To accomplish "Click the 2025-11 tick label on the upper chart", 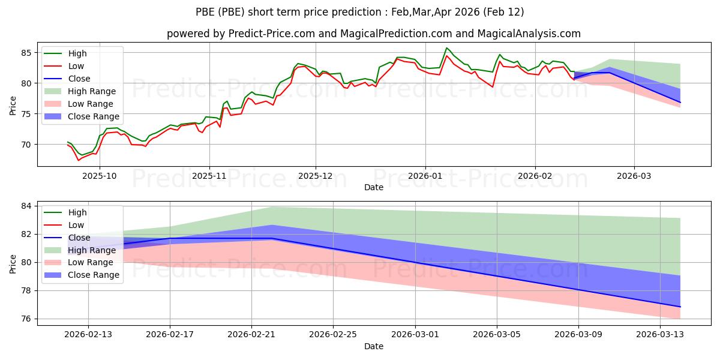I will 209,177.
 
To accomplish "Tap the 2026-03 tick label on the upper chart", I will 634,177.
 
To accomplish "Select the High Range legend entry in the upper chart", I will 91,91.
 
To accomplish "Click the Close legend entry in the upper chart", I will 79,79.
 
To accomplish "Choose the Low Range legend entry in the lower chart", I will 90,262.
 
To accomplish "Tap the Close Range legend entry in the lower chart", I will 93,275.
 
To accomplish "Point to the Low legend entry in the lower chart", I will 76,225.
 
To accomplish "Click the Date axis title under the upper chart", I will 374,188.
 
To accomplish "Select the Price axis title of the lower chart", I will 13,263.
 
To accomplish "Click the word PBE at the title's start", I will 207,12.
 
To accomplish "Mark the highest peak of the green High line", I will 446,48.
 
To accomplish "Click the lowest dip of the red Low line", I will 79,160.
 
